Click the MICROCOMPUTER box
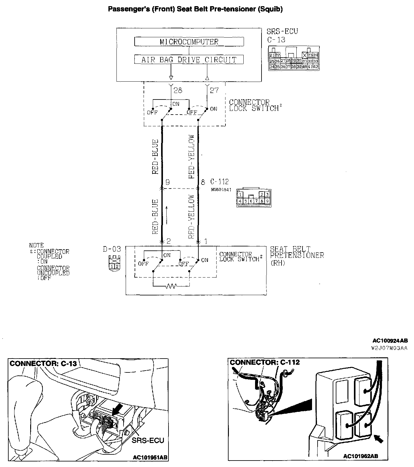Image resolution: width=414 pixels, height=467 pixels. [x=189, y=42]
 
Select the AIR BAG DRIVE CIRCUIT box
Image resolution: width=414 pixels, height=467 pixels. [x=189, y=59]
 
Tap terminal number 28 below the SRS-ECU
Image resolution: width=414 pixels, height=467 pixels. [x=178, y=90]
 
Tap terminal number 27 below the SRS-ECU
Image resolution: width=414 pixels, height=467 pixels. [x=214, y=90]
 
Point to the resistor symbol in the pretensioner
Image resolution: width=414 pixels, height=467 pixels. [x=171, y=286]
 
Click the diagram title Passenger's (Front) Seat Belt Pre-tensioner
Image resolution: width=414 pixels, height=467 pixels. [x=195, y=9]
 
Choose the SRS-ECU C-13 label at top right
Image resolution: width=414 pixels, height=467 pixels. [x=282, y=35]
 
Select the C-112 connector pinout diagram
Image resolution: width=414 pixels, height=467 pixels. [x=254, y=198]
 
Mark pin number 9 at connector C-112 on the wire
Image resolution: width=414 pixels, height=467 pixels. [x=168, y=182]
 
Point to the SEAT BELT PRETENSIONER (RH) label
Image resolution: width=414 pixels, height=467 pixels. [x=297, y=256]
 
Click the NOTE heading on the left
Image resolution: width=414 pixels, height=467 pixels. [x=36, y=246]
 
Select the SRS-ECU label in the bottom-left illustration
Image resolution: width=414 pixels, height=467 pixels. [x=148, y=440]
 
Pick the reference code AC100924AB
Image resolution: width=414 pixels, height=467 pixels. [x=390, y=341]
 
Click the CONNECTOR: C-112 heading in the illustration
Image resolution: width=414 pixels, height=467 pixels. [x=265, y=362]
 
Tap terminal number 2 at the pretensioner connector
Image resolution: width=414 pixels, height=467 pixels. [x=168, y=241]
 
